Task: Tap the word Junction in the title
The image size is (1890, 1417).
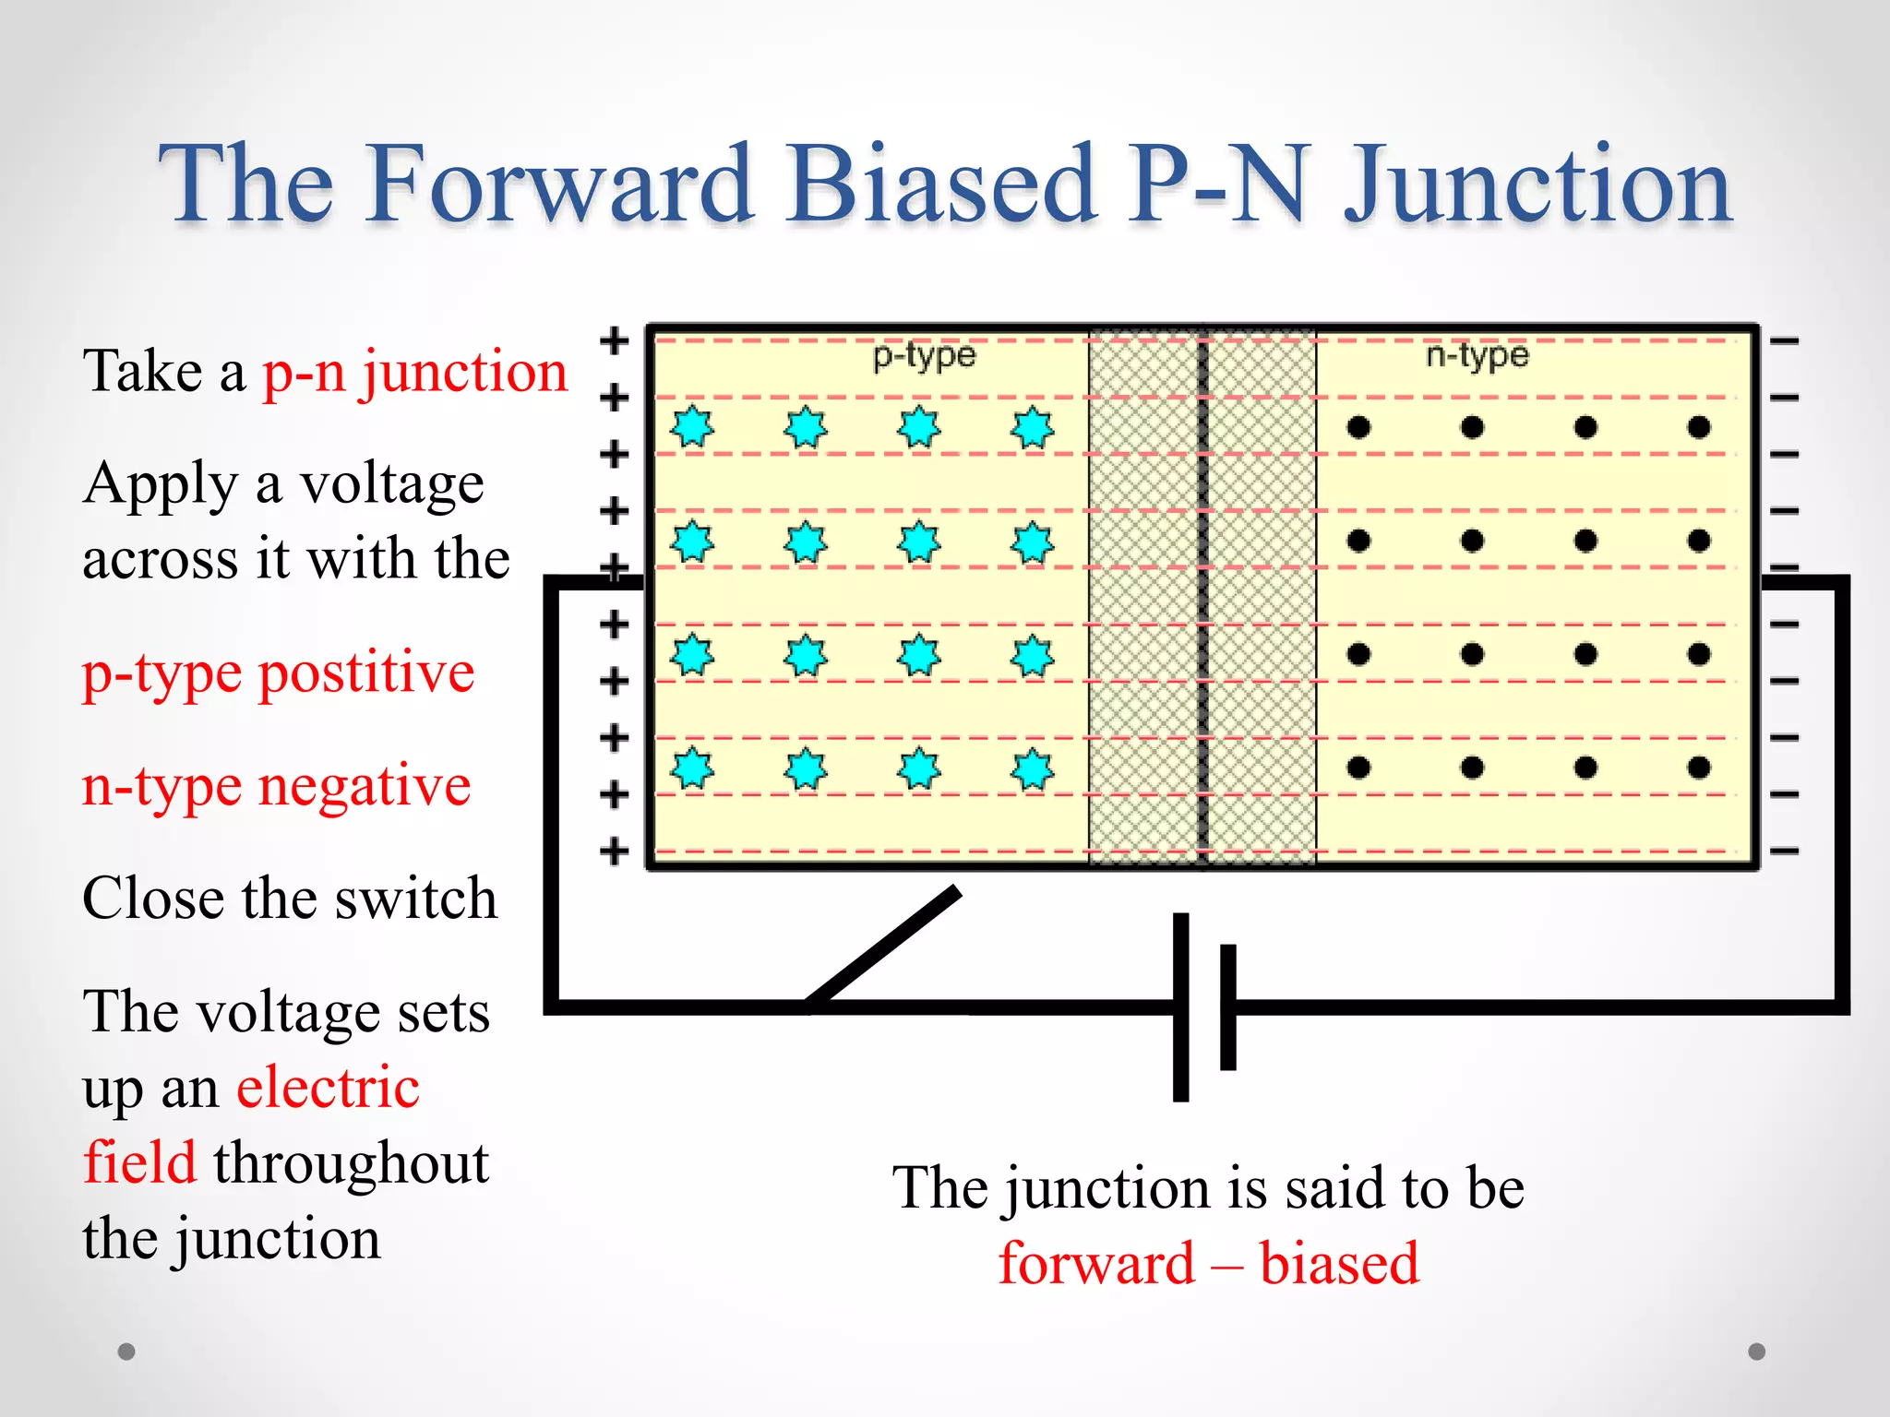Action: click(x=1537, y=186)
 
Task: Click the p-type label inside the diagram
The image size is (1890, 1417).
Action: click(x=924, y=355)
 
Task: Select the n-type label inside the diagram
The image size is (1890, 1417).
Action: click(x=1477, y=355)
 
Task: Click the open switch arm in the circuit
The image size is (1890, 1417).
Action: click(x=883, y=947)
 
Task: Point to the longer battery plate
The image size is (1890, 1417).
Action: click(x=1180, y=1007)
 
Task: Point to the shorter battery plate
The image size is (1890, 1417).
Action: click(x=1227, y=1007)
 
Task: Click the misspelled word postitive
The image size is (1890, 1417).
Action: click(x=366, y=672)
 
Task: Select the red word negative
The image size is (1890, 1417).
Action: click(x=365, y=786)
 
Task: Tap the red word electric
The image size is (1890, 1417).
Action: click(x=328, y=1087)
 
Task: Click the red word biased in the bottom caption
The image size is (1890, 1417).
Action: click(x=1339, y=1263)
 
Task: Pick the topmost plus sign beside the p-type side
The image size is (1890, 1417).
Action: click(x=614, y=340)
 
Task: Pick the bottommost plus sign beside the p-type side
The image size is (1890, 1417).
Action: click(x=614, y=851)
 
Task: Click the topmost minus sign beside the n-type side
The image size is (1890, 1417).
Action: click(x=1785, y=341)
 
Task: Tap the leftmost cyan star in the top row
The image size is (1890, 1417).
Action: click(x=692, y=427)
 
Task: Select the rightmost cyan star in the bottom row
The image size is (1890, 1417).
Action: click(x=1032, y=769)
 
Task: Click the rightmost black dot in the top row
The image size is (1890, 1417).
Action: click(x=1699, y=427)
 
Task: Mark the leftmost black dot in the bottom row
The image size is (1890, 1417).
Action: click(x=1358, y=768)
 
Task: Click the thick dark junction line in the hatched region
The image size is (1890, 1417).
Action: click(x=1203, y=600)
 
